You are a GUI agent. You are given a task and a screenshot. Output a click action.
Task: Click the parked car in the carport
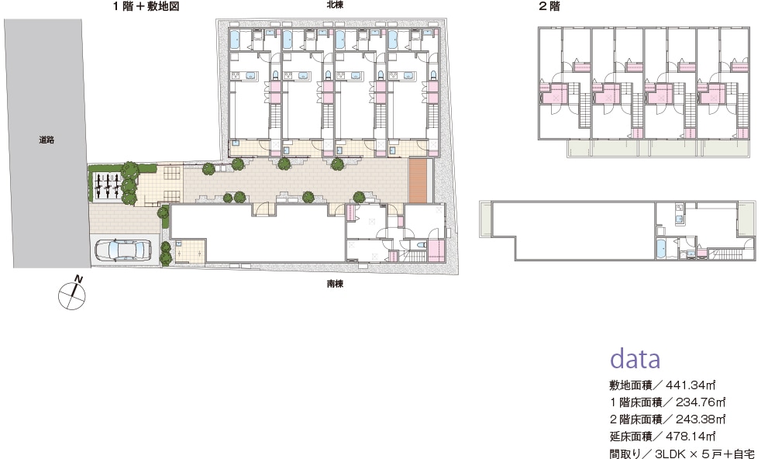(x=124, y=250)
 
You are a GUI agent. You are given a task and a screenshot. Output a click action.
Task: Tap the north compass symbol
(x=72, y=294)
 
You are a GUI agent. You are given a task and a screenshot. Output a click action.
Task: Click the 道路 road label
(x=46, y=140)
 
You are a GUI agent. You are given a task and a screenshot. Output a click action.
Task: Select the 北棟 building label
(x=335, y=5)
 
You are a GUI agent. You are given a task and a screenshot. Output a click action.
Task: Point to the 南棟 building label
(x=335, y=284)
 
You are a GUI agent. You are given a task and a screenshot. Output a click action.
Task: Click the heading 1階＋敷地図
(x=146, y=6)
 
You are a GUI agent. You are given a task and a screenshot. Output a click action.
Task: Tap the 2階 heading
(x=549, y=6)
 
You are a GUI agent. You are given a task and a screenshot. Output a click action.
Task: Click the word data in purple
(x=635, y=358)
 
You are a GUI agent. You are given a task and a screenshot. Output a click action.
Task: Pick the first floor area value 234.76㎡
(x=701, y=402)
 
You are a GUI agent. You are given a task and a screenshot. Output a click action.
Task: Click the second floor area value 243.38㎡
(x=701, y=419)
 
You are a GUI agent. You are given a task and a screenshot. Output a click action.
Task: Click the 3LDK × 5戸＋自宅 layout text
(x=704, y=454)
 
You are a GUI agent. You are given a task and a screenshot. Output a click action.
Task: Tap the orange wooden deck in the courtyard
(x=418, y=180)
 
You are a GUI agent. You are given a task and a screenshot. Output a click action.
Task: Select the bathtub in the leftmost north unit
(x=236, y=39)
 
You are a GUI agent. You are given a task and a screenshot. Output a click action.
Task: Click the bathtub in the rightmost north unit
(x=394, y=39)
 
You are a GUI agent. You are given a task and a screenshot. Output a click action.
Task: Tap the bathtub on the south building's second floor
(x=661, y=248)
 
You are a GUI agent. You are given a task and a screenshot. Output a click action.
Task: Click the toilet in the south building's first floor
(x=422, y=244)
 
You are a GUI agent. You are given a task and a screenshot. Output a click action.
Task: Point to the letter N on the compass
(x=78, y=280)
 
